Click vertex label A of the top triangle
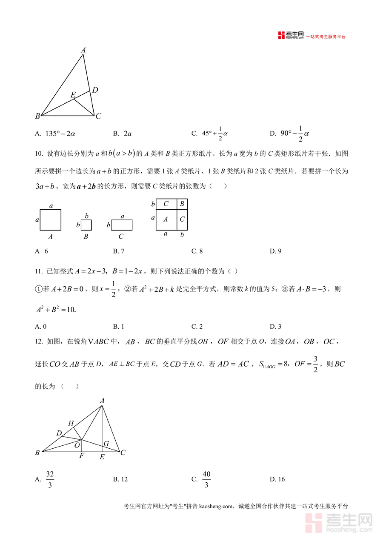(83, 50)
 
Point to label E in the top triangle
(73, 94)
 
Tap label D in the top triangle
(95, 90)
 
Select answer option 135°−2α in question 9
(60, 134)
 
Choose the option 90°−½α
(294, 134)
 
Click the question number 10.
(39, 154)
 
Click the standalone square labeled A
(51, 220)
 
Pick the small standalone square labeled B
(86, 225)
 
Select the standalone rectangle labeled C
(121, 225)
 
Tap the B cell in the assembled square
(182, 204)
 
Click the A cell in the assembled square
(166, 219)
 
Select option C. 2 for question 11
(197, 327)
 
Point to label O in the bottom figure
(77, 445)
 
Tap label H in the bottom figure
(71, 423)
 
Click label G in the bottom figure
(106, 444)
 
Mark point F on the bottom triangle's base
(81, 452)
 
